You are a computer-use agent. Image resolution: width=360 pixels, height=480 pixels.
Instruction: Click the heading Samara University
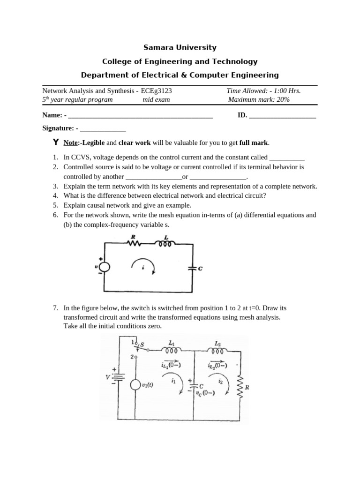tap(180, 47)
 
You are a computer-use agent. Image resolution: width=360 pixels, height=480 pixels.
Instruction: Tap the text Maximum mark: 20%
tap(259, 99)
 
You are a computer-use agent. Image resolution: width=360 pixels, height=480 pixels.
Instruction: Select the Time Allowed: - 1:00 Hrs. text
tap(263, 91)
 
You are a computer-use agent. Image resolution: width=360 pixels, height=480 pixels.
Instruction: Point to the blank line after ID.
tap(283, 115)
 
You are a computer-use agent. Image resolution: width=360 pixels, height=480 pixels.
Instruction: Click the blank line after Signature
tap(103, 128)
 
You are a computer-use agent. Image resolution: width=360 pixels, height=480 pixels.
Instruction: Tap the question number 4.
tap(55, 195)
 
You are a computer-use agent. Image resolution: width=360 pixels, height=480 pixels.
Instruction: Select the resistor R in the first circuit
tap(135, 243)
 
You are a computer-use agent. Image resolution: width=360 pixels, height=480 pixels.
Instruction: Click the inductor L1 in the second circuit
tap(171, 350)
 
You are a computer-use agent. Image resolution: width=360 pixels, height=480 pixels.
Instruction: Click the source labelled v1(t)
tap(135, 385)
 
